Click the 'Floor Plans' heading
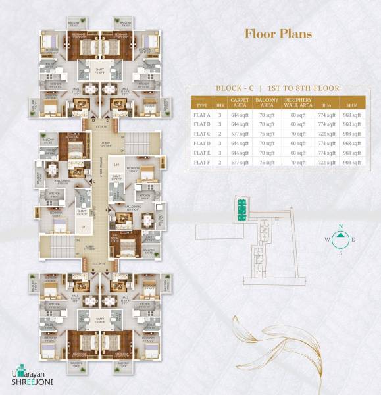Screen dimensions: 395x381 [278, 34]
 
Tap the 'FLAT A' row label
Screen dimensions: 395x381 [202, 115]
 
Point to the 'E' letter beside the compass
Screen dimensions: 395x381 [353, 240]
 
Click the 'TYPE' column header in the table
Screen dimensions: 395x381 [202, 105]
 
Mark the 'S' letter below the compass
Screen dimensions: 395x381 [341, 252]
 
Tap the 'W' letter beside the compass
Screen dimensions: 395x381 [328, 240]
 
